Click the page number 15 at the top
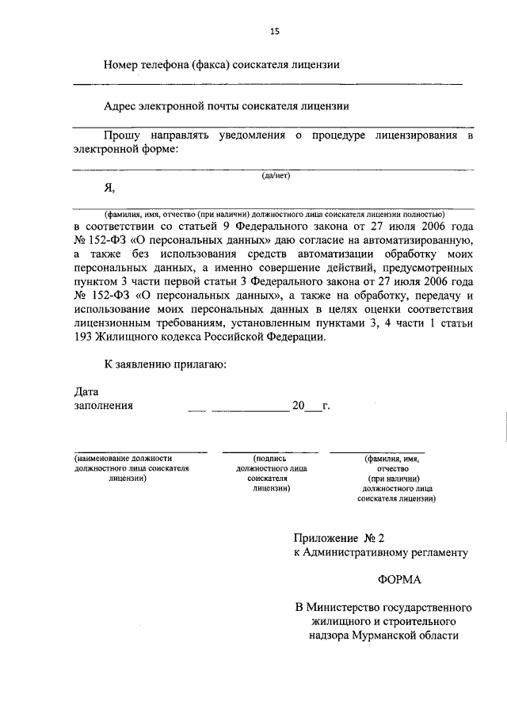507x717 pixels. [275, 31]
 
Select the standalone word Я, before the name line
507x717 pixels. [110, 188]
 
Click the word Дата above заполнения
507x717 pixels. [86, 391]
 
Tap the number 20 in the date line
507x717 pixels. [298, 406]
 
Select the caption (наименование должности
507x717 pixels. [124, 458]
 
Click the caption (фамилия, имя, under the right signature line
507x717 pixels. [392, 458]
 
